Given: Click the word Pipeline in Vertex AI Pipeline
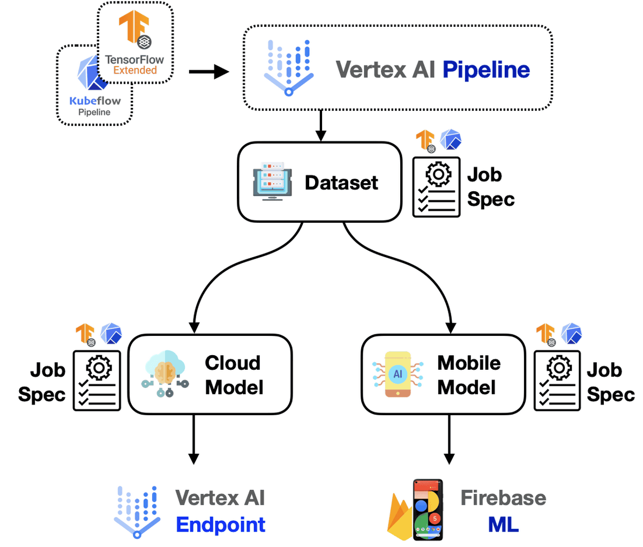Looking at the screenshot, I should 486,70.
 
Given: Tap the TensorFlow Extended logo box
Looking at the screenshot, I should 135,43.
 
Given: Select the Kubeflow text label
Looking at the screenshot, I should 95,101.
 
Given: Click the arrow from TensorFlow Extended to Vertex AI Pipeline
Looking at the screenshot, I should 209,71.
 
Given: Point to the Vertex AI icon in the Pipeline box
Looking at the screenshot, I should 289,67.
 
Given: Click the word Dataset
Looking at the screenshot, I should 341,183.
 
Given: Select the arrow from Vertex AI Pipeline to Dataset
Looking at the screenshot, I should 320,125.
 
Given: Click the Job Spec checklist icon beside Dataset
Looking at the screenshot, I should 436,187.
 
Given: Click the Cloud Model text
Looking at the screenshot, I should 234,375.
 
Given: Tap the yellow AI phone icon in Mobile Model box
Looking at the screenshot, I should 398,374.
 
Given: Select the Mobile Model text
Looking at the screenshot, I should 468,375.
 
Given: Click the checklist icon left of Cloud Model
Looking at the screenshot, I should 97,380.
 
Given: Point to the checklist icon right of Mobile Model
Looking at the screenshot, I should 557,380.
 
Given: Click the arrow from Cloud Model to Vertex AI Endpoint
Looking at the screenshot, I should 193,439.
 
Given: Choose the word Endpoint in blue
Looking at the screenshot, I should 220,525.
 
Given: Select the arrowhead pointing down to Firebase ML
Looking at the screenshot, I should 449,459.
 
